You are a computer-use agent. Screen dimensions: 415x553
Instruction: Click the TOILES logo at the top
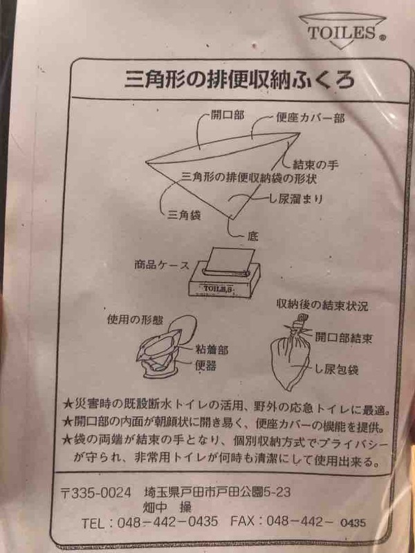[x=342, y=31]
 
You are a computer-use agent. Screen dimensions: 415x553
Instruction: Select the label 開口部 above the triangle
[x=228, y=115]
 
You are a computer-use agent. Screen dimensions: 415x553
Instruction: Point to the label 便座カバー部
[x=311, y=118]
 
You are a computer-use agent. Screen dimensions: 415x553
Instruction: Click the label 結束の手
[x=316, y=165]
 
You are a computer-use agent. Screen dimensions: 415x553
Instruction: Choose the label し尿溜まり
[x=296, y=199]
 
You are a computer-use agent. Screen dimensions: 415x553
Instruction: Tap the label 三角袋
[x=184, y=215]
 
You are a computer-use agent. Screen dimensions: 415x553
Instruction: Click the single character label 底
[x=252, y=236]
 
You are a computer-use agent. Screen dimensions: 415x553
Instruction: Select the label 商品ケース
[x=162, y=265]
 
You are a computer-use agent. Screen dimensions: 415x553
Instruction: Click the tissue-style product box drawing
[x=225, y=272]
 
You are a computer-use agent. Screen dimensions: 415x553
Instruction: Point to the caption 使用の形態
[x=135, y=319]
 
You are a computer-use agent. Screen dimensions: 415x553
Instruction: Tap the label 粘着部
[x=212, y=350]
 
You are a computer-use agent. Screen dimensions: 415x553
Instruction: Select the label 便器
[x=205, y=366]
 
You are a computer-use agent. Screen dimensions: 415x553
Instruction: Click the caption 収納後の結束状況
[x=322, y=306]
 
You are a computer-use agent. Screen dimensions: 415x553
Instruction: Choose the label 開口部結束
[x=343, y=338]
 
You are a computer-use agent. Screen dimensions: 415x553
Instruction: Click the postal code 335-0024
[x=101, y=492]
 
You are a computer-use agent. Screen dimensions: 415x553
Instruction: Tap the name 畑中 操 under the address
[x=167, y=507]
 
